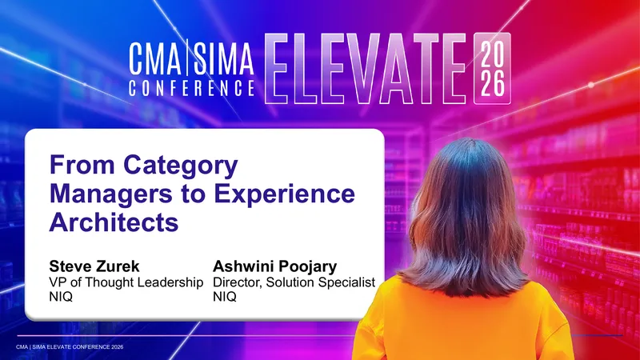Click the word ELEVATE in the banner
366,68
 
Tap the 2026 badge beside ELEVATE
492,68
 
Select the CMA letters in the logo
155,58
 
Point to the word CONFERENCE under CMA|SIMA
192,88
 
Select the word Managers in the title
111,194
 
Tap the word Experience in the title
285,194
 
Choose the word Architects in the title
114,222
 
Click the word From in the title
82,165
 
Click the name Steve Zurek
94,266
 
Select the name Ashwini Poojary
274,266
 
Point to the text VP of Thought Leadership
126,282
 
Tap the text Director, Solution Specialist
294,282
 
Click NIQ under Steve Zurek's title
61,297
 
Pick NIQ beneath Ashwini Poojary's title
225,297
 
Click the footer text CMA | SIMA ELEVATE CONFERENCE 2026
70,347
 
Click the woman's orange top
463,322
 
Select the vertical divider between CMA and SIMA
187,58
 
